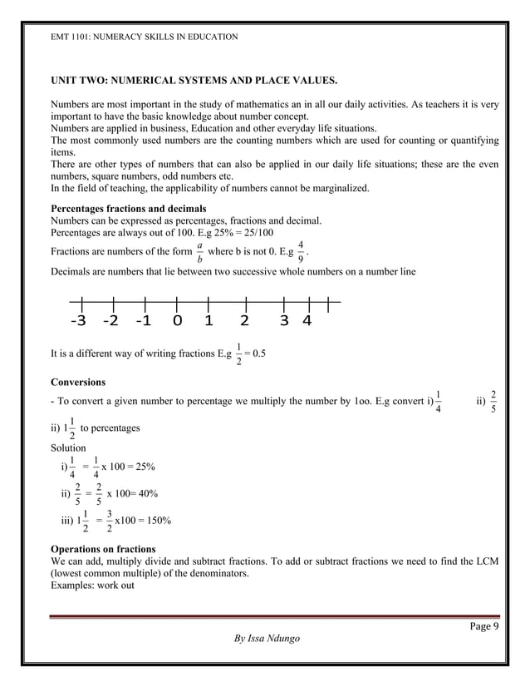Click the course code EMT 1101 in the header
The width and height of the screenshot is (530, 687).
coord(72,37)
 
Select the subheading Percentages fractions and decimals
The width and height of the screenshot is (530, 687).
coord(129,208)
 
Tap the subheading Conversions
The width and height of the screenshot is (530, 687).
coord(78,383)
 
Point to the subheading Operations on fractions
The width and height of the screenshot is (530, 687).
coord(103,550)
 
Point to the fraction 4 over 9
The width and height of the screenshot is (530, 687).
coord(301,251)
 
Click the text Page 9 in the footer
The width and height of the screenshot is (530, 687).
coord(482,627)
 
